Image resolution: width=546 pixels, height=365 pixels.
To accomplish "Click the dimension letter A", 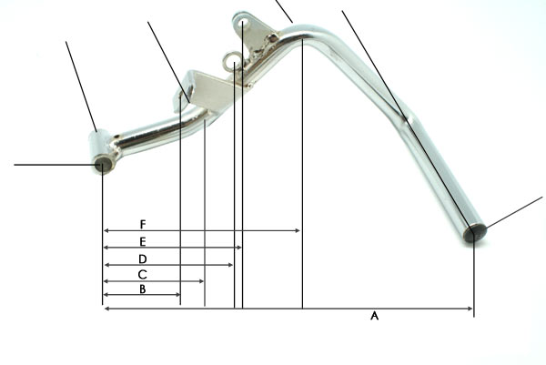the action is point(374,316).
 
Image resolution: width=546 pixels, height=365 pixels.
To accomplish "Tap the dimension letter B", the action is point(143,289).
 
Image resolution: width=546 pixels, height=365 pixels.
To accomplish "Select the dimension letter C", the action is point(143,275).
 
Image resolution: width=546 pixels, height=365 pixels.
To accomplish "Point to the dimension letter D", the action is point(143,259).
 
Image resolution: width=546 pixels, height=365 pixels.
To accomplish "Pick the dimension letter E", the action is point(143,241).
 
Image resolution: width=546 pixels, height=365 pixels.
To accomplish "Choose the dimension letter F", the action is point(143,224).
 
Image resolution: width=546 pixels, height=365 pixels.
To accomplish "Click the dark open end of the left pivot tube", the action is point(103,164).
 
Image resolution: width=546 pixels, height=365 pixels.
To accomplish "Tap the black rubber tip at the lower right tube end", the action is point(476,233).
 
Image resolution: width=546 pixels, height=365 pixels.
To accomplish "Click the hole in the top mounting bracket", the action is point(245,23).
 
